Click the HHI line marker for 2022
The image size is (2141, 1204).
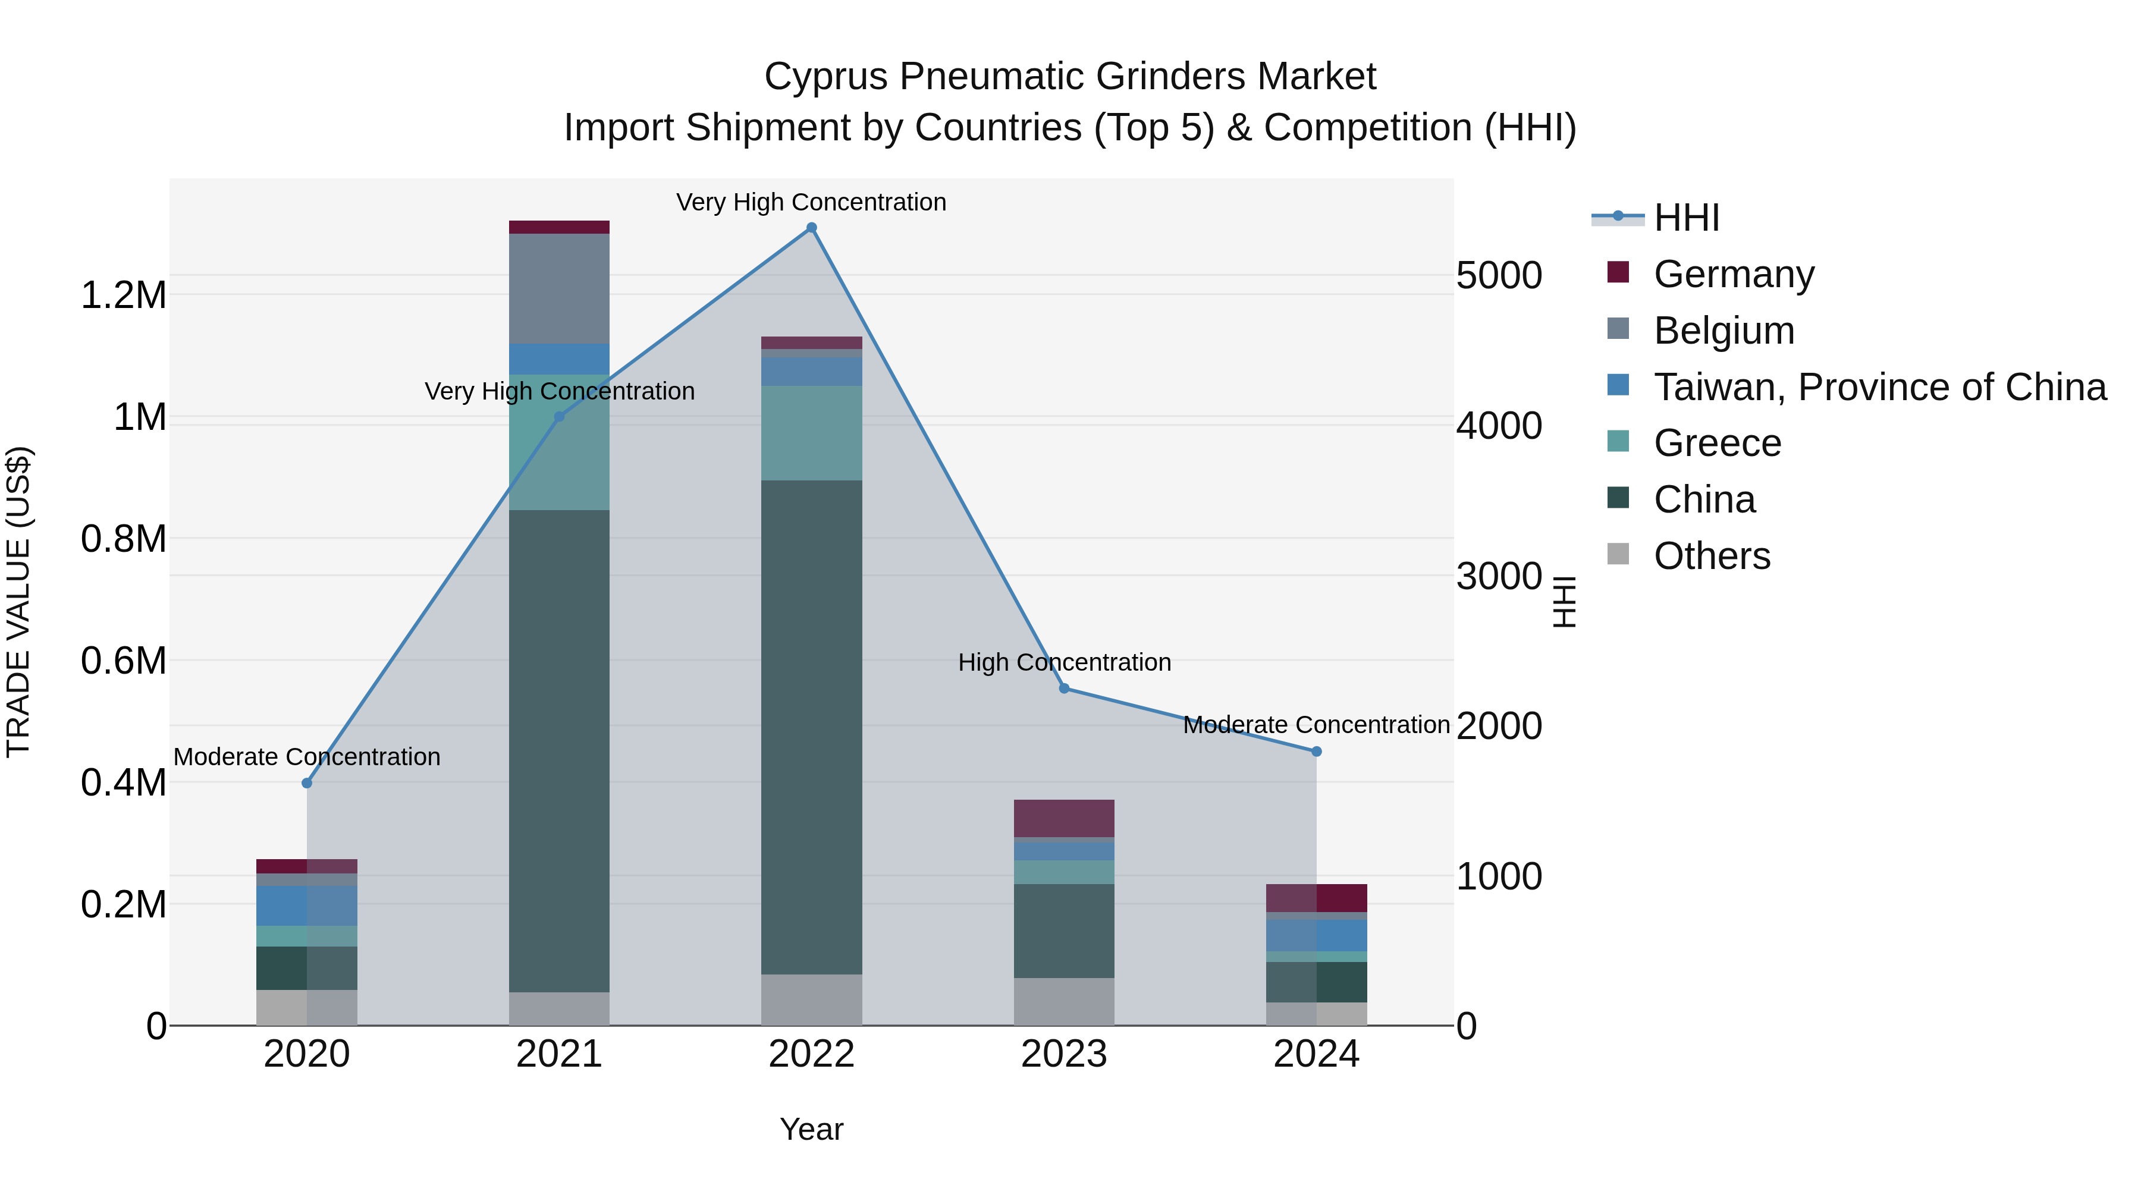point(811,228)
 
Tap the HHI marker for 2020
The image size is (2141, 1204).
point(307,782)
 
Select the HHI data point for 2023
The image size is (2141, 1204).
point(1064,688)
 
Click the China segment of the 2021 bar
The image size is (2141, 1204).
point(558,748)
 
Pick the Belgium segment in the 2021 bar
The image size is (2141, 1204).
point(558,288)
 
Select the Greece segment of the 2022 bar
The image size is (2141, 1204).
point(811,432)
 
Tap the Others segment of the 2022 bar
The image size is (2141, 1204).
point(811,999)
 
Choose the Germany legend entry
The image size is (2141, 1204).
point(1733,274)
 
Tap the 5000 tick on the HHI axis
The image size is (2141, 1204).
point(1499,275)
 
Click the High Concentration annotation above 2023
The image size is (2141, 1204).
point(1064,662)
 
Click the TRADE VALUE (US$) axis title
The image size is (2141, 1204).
point(18,602)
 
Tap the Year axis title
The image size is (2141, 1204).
point(811,1129)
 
